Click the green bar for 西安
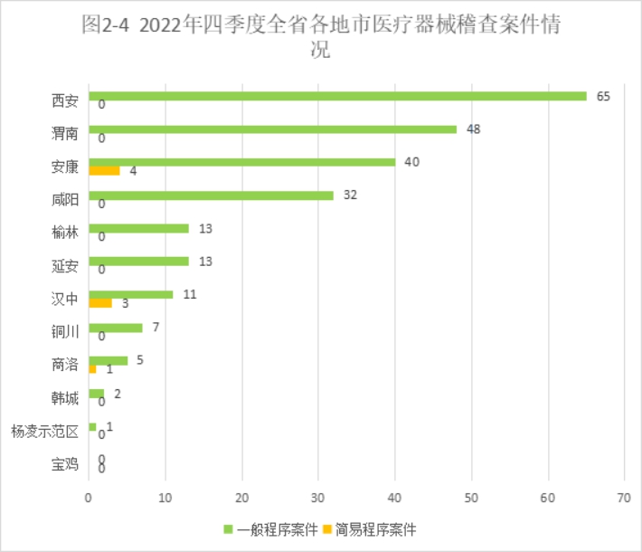click(x=337, y=96)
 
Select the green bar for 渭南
click(x=272, y=129)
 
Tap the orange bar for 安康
click(x=104, y=170)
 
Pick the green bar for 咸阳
click(x=211, y=195)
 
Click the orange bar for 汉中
click(x=100, y=302)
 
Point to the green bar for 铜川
click(x=115, y=327)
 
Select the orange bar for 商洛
click(x=92, y=368)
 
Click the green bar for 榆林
click(x=138, y=228)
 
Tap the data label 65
click(x=604, y=96)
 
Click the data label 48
click(x=473, y=128)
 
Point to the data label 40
click(x=412, y=162)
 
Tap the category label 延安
click(x=65, y=266)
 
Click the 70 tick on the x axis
click(x=623, y=497)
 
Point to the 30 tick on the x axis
click(x=317, y=497)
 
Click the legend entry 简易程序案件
click(x=367, y=528)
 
